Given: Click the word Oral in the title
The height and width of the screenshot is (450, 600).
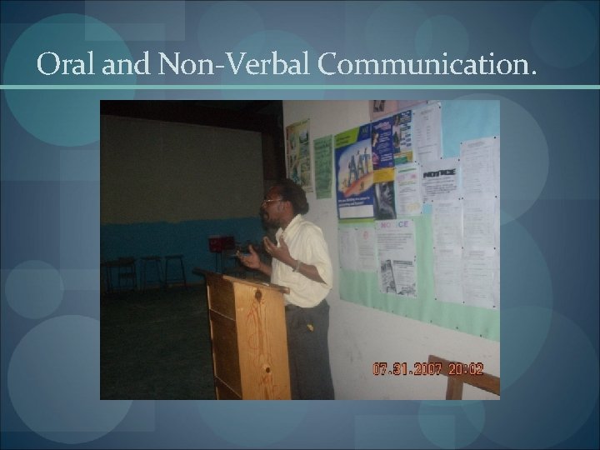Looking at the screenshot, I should tap(69, 64).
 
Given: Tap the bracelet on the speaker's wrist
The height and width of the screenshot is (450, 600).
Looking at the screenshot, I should tap(296, 266).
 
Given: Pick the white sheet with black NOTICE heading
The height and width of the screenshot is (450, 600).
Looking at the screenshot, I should tap(439, 178).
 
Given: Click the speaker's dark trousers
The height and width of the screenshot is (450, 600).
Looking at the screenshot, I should tap(310, 350).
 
